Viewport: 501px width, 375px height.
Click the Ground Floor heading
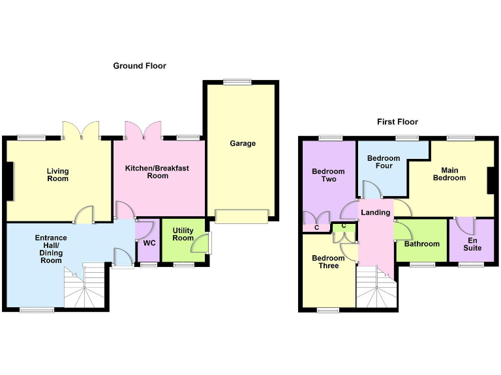(x=140, y=66)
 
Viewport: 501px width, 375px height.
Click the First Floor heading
(x=397, y=122)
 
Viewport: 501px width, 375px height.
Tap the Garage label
(x=243, y=143)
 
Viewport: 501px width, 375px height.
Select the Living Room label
(x=57, y=174)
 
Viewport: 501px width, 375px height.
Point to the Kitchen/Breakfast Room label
(x=157, y=172)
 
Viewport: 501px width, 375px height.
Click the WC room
(x=149, y=243)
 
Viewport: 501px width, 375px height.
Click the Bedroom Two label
(x=328, y=175)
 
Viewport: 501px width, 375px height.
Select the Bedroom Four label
(x=383, y=162)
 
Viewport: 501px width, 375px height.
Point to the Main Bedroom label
(x=449, y=174)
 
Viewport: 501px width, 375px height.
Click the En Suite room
(x=472, y=243)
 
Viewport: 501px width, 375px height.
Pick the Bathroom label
(x=421, y=244)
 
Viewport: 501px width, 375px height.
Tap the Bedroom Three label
(x=328, y=262)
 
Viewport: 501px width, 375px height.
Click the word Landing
(x=376, y=212)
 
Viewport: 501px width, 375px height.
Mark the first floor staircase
(x=377, y=288)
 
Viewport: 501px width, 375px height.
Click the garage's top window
(x=233, y=81)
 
